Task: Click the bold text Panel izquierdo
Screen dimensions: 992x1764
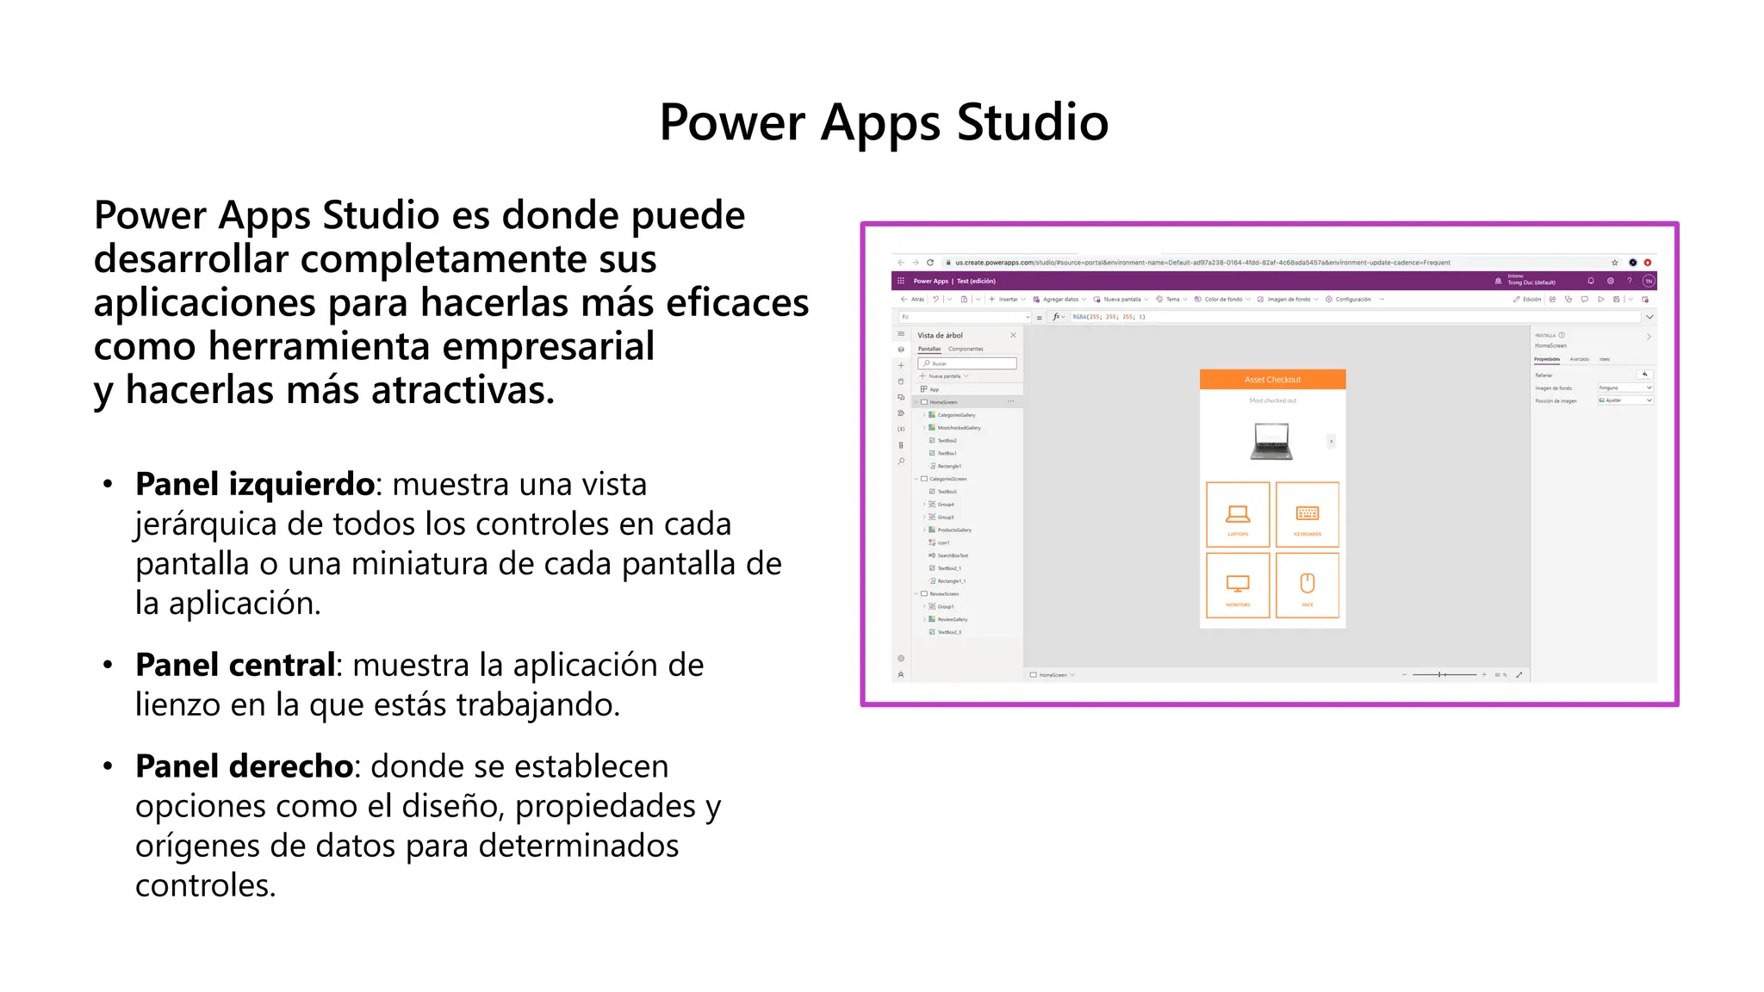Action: (x=254, y=484)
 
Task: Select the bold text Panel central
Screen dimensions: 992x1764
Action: (x=235, y=665)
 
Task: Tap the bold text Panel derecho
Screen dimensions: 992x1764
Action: (x=245, y=766)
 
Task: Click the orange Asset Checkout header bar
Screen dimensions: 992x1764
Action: (x=1272, y=380)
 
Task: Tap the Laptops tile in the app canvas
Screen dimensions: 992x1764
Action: (x=1238, y=515)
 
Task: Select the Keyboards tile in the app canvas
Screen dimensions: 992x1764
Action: (x=1307, y=515)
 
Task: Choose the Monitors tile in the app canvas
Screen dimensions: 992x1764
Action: (x=1238, y=586)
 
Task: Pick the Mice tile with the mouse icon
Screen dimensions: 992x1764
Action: (x=1307, y=586)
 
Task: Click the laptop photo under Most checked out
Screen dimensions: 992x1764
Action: (x=1271, y=441)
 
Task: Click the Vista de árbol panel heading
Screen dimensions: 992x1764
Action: (x=940, y=335)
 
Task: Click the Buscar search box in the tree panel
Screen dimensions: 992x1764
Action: (x=969, y=363)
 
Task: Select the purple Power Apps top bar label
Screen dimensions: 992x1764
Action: (x=930, y=281)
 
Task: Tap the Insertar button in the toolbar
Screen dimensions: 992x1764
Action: (x=1007, y=300)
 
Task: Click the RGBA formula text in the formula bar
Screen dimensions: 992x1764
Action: (x=1109, y=317)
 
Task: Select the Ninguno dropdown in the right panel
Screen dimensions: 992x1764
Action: (x=1624, y=387)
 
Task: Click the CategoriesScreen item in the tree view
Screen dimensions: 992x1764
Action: (x=947, y=479)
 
